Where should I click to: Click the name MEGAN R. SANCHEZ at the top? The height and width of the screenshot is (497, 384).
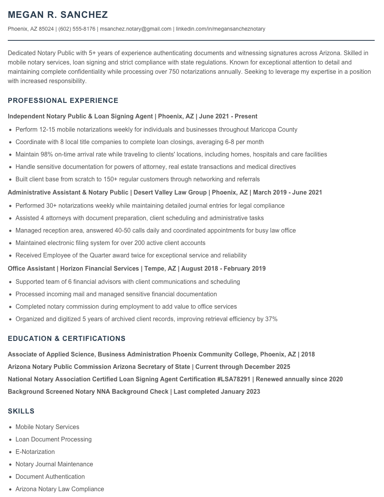pos(58,15)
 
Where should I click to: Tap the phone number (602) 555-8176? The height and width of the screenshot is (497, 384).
pos(77,29)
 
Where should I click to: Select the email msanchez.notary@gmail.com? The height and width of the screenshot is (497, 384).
pos(136,29)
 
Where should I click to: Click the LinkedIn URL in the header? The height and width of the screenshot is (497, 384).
pos(221,29)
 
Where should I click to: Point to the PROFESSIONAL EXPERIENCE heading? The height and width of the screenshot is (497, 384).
pos(63,101)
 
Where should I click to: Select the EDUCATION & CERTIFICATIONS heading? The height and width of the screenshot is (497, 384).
pos(66,339)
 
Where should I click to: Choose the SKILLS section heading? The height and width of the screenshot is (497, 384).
pos(21,411)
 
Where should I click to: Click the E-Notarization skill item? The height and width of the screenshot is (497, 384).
pos(35,452)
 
